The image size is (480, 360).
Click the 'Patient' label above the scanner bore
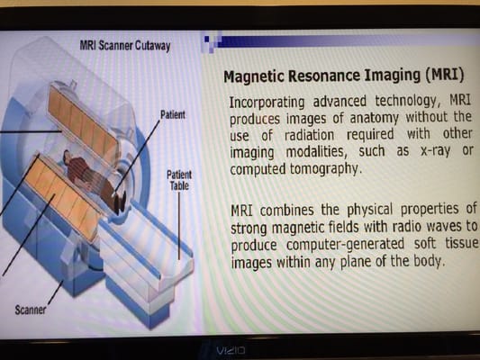click(x=172, y=115)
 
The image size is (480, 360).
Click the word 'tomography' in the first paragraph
click(x=329, y=168)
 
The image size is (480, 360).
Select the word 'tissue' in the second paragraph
click(x=457, y=245)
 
